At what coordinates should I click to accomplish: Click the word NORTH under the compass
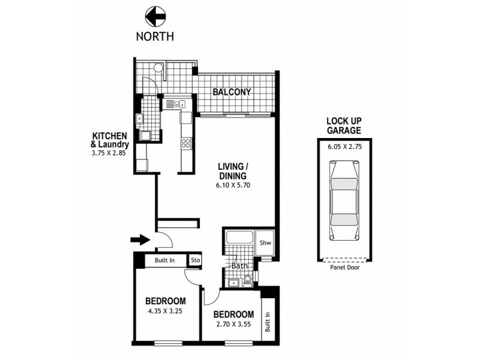coord(155,36)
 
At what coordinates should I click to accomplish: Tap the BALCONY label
coord(231,92)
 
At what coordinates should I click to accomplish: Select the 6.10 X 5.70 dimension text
coord(233,185)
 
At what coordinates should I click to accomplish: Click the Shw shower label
coord(265,242)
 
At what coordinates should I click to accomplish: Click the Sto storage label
coord(195,260)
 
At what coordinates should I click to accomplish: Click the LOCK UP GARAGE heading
coord(344,125)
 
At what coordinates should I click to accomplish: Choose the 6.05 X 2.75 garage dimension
coord(344,145)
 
